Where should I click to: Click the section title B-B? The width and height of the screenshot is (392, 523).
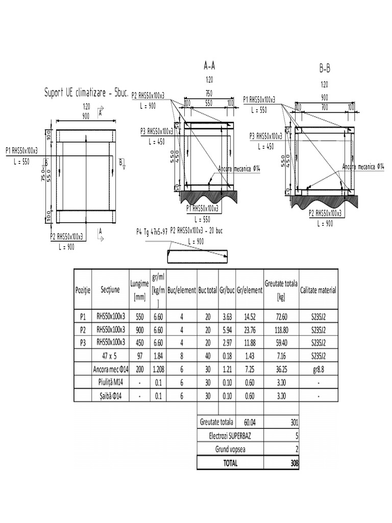pos(325,68)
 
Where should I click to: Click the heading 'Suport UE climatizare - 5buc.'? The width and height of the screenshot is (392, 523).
pos(86,93)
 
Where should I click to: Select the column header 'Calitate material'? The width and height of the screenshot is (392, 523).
pos(318,290)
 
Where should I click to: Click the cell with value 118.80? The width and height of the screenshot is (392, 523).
pos(281,329)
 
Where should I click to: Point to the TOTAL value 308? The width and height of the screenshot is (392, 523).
pos(293,463)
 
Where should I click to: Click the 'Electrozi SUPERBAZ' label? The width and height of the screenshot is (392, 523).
pos(230,436)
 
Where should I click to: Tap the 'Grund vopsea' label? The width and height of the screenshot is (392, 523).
pos(230,449)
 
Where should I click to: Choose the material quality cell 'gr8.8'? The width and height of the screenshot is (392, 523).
pos(318,369)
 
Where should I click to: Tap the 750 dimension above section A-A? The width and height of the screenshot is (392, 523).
pos(209,93)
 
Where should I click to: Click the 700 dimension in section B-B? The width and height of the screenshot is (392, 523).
pos(325,107)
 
